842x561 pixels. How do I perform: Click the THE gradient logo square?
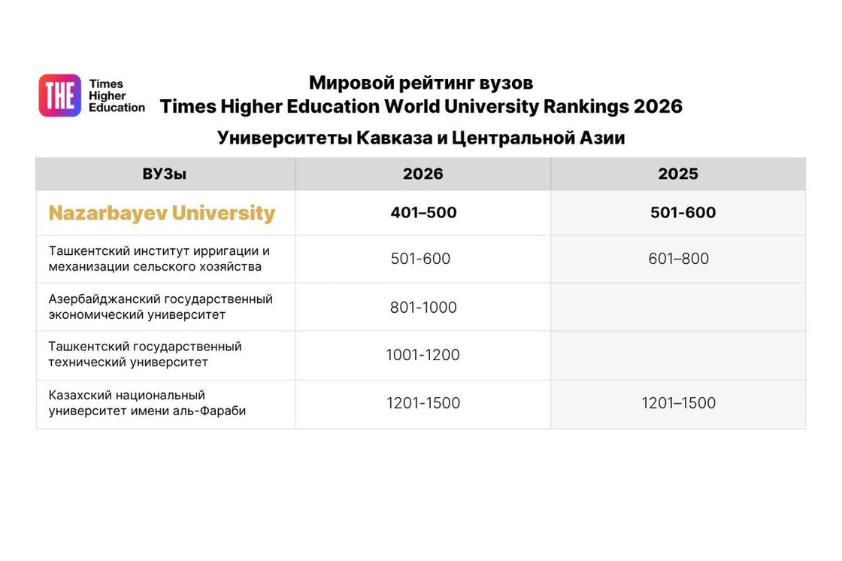[59, 96]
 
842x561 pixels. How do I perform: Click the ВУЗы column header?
[165, 174]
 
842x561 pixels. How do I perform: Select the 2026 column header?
[423, 174]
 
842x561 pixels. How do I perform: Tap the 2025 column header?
[678, 174]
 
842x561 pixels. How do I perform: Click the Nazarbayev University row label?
[162, 213]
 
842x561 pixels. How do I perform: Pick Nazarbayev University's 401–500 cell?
[424, 213]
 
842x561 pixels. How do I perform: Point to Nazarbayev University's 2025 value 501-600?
[683, 213]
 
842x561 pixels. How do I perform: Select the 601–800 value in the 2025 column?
[679, 259]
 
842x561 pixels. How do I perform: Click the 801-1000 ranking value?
[423, 308]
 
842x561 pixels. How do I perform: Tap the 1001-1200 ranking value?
[423, 355]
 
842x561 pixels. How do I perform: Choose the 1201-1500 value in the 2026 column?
[423, 403]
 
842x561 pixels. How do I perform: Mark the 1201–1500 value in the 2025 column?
[679, 403]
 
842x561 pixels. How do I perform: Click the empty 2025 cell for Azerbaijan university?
[678, 308]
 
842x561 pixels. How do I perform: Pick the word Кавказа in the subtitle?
[394, 138]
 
